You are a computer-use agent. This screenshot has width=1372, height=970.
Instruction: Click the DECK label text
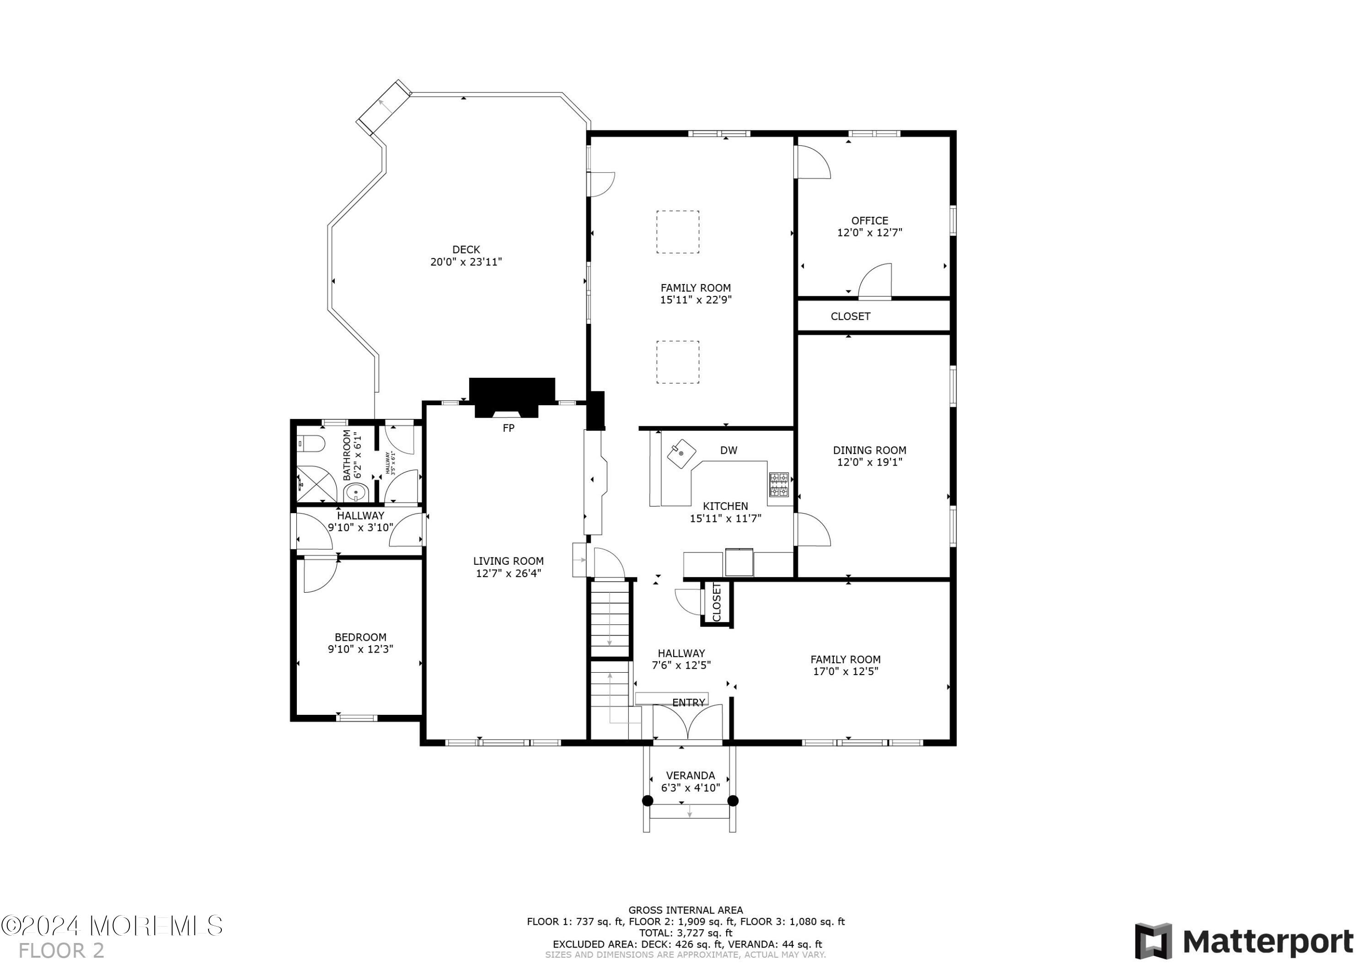tap(466, 250)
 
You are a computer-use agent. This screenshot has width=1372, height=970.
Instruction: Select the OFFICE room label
tap(869, 220)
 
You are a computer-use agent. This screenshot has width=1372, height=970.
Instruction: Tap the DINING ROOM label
tap(869, 450)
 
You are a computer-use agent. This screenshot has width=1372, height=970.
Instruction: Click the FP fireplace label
tap(508, 428)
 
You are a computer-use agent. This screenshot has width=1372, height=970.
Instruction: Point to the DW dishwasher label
tap(729, 450)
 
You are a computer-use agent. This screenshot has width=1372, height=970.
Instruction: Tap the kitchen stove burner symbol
tap(779, 485)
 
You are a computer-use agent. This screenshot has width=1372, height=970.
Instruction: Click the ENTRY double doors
tap(688, 723)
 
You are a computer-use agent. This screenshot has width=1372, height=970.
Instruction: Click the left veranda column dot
tap(647, 801)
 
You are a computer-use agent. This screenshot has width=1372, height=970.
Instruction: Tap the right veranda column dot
tap(733, 801)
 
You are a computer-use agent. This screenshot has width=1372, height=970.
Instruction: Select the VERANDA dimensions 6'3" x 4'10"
tap(690, 788)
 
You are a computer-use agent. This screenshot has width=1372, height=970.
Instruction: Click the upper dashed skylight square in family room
tap(678, 232)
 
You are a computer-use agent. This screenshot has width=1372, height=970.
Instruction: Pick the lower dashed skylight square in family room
tap(678, 362)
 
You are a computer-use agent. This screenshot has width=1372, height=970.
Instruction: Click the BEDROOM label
tap(360, 637)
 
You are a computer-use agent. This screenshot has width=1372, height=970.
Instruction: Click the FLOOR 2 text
tap(62, 950)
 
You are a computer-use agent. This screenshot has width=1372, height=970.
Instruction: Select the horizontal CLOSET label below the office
tap(850, 316)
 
